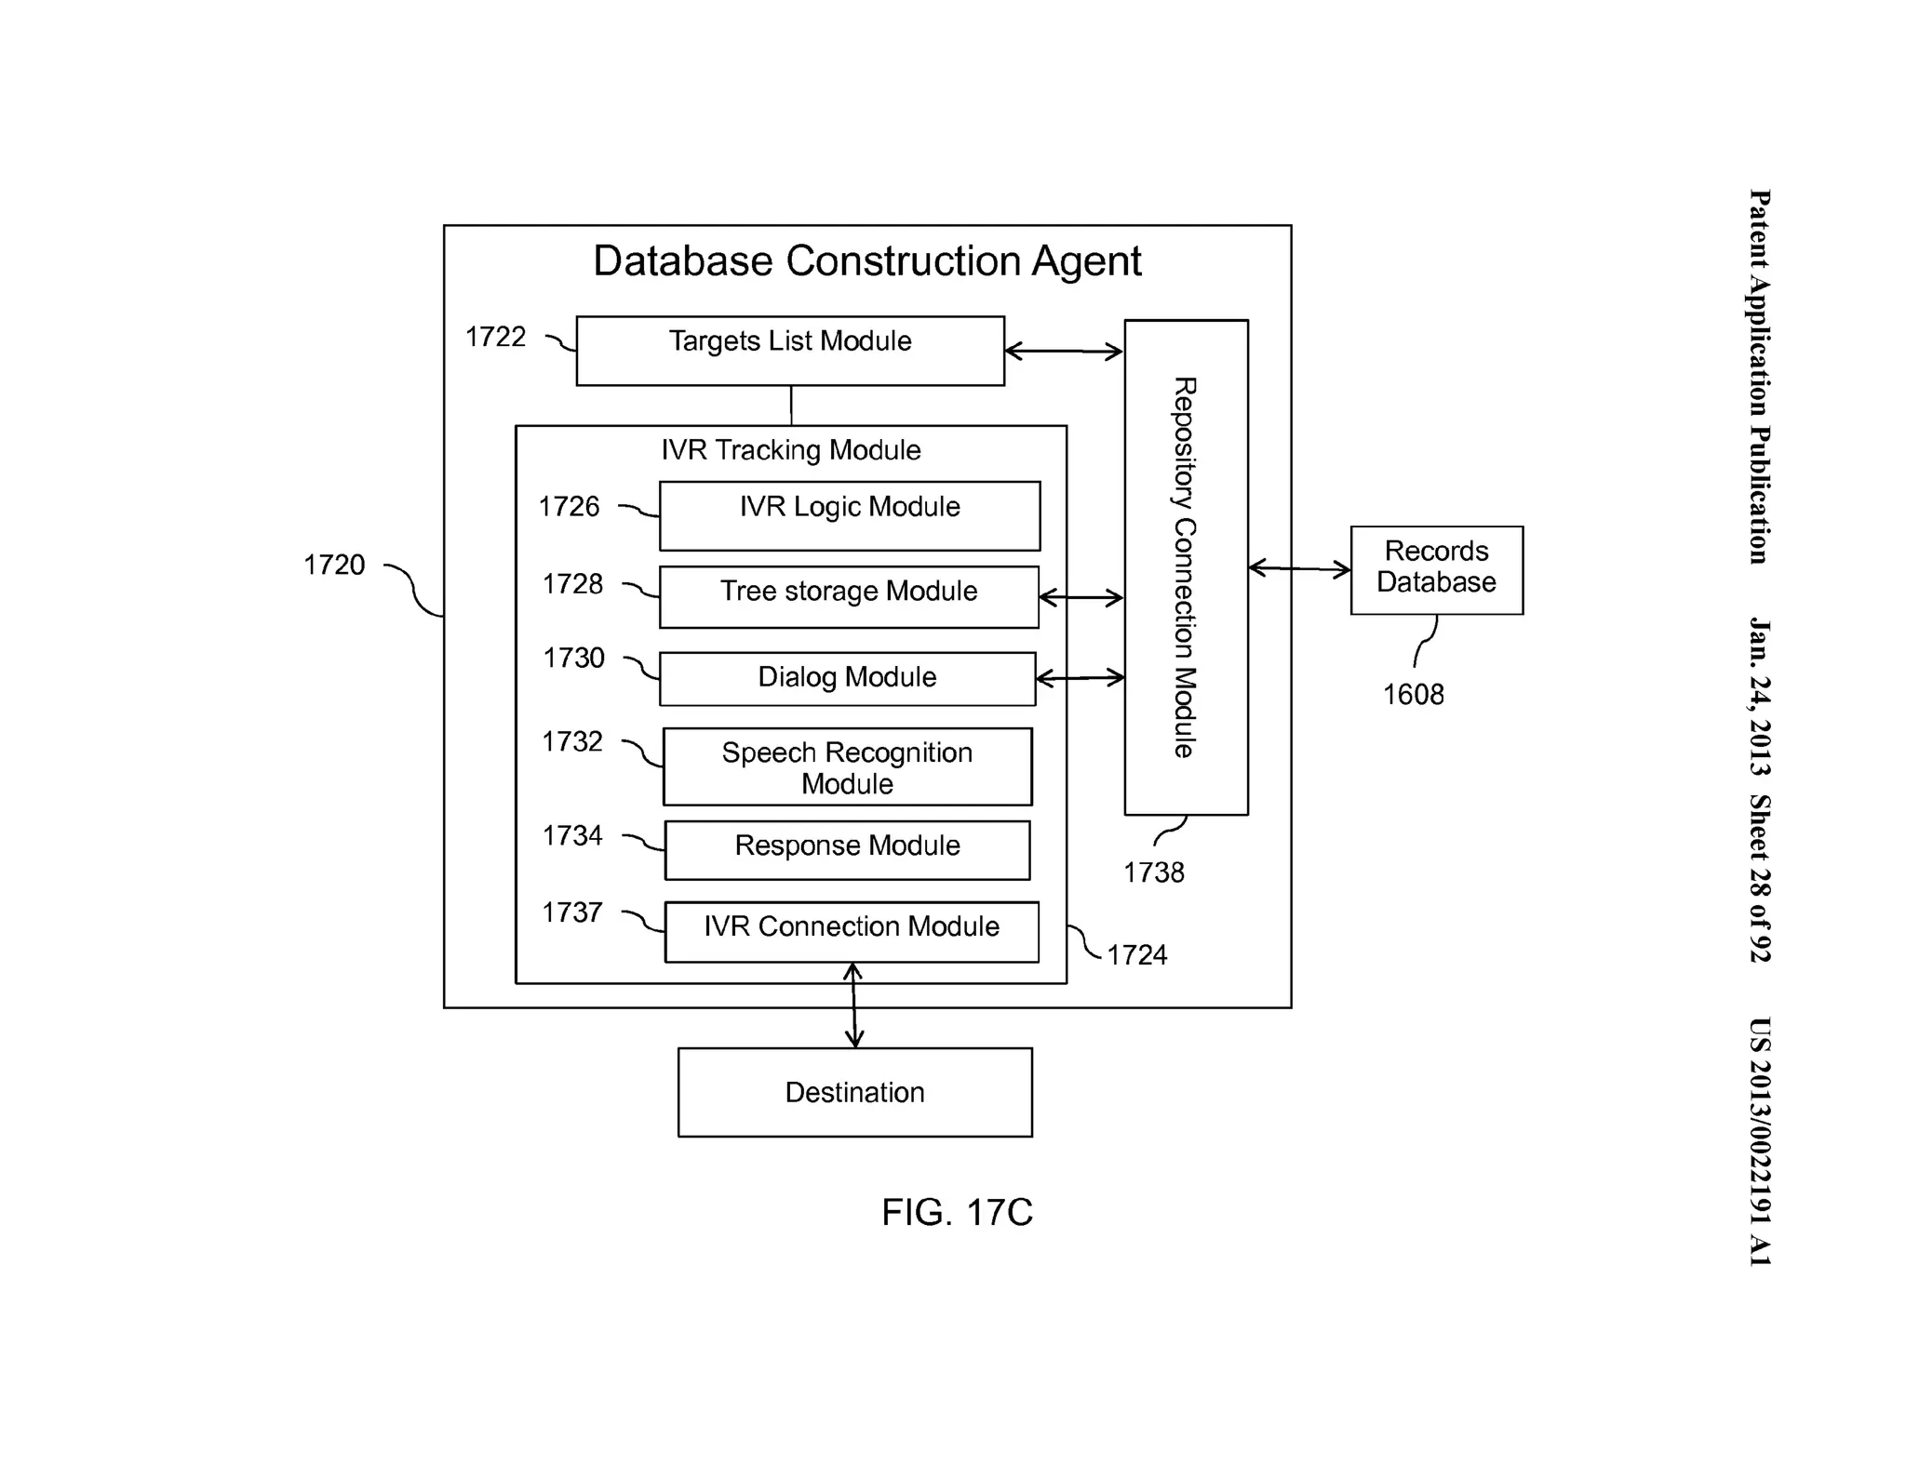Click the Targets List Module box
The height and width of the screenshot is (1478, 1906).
[789, 351]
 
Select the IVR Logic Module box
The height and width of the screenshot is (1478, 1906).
[849, 515]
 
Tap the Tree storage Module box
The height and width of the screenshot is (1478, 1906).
[848, 596]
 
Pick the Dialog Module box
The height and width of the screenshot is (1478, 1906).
[847, 678]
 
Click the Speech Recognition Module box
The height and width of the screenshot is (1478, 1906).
[847, 767]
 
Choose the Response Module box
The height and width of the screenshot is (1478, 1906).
[847, 849]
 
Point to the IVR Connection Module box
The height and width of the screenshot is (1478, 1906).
[851, 931]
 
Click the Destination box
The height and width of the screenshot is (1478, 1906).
[854, 1092]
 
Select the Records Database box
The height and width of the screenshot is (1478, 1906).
[1436, 569]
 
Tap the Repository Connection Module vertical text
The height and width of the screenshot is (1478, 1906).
[1184, 567]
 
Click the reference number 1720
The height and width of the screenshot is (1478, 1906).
[334, 565]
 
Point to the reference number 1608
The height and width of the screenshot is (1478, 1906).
[1413, 694]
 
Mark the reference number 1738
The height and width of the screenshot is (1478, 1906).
[1153, 872]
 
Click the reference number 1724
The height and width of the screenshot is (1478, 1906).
[1136, 955]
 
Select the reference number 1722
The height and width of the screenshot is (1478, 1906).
[495, 337]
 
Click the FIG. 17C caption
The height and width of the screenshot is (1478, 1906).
[957, 1212]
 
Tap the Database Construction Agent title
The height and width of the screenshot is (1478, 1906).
[866, 261]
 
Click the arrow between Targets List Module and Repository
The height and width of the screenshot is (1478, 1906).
[1064, 352]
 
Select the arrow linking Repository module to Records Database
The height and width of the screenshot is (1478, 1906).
[1298, 568]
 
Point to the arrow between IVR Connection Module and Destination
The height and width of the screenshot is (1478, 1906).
[853, 1005]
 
